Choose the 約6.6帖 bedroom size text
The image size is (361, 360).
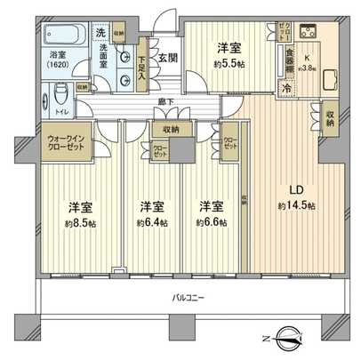click(x=211, y=223)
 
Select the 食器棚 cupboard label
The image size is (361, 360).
click(x=287, y=62)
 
